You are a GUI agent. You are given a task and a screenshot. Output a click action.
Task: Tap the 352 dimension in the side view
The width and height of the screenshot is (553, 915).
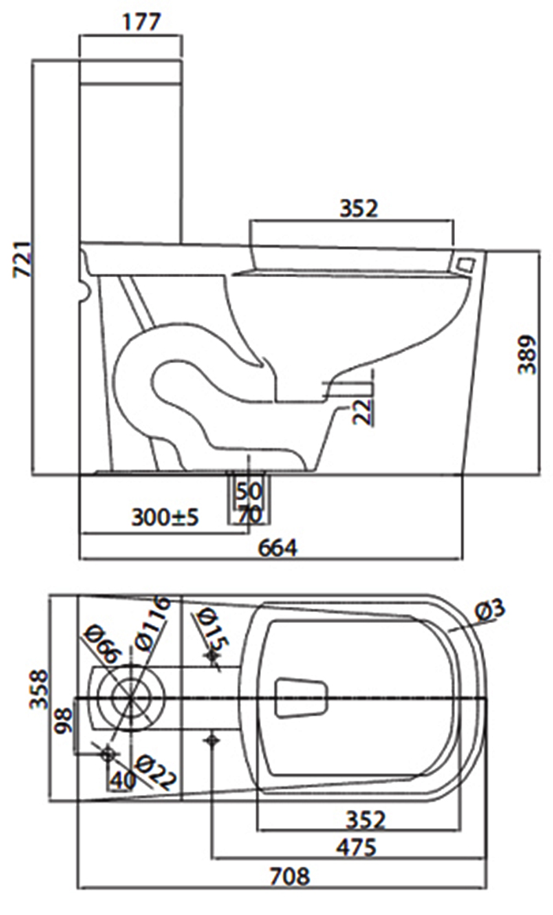point(359,208)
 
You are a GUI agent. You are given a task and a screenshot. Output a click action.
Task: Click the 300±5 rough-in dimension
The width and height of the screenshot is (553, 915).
point(166,518)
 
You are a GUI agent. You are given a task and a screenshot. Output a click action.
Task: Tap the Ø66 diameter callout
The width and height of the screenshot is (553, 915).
point(101,643)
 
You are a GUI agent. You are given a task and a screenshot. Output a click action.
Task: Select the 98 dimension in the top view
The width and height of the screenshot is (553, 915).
point(64,720)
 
